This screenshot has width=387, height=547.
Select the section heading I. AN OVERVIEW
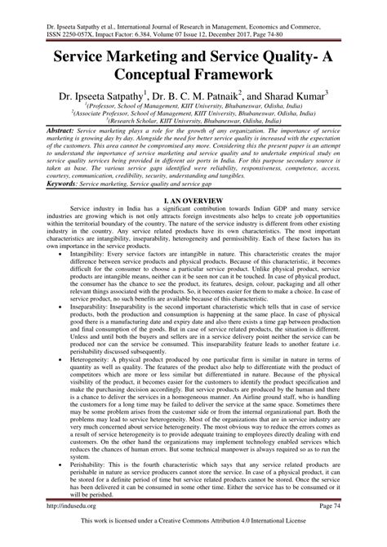pos(193,199)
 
